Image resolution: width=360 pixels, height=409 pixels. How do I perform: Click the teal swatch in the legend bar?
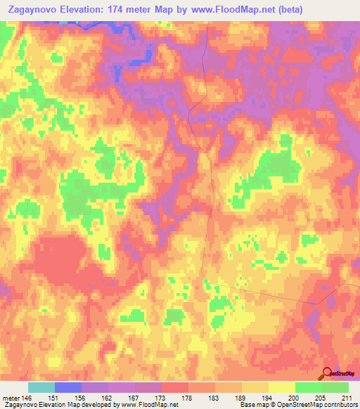41,387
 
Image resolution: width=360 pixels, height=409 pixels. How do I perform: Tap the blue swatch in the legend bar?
67,387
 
